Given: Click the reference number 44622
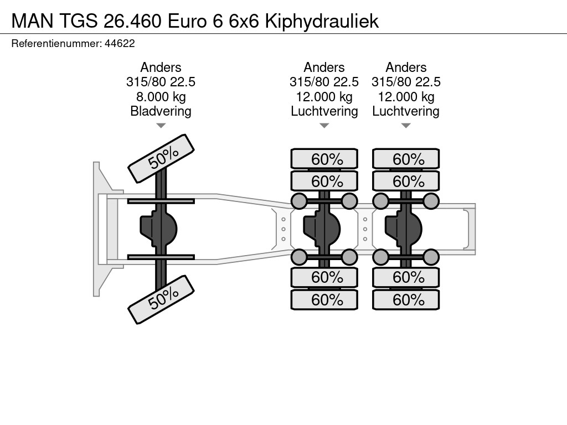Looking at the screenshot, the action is click(120, 44).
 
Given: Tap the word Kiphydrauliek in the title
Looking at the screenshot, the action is click(322, 21).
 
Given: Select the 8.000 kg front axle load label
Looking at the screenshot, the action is click(161, 97).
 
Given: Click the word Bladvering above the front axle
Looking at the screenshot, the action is click(161, 111).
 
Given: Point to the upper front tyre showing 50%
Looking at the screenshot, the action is click(161, 159).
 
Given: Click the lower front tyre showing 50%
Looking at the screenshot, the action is click(161, 299).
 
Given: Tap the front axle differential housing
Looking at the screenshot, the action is click(158, 229).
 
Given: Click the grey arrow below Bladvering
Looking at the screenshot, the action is click(161, 126).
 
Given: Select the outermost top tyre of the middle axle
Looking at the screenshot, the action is click(324, 159).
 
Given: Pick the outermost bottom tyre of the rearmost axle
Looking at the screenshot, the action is click(406, 299).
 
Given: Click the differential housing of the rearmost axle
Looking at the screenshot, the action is click(403, 229).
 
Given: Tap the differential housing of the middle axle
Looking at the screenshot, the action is click(322, 229).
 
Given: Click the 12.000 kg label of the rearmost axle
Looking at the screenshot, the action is click(406, 97).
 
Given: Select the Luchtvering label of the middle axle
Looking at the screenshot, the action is click(324, 111).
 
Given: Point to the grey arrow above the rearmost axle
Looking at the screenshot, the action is click(406, 126).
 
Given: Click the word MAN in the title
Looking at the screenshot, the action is click(32, 21).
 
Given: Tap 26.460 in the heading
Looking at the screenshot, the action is click(132, 21).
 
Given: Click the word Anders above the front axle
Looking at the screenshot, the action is click(161, 68).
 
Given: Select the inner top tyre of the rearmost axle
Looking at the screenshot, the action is click(406, 181).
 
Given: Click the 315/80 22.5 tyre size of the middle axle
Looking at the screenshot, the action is click(324, 82).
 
